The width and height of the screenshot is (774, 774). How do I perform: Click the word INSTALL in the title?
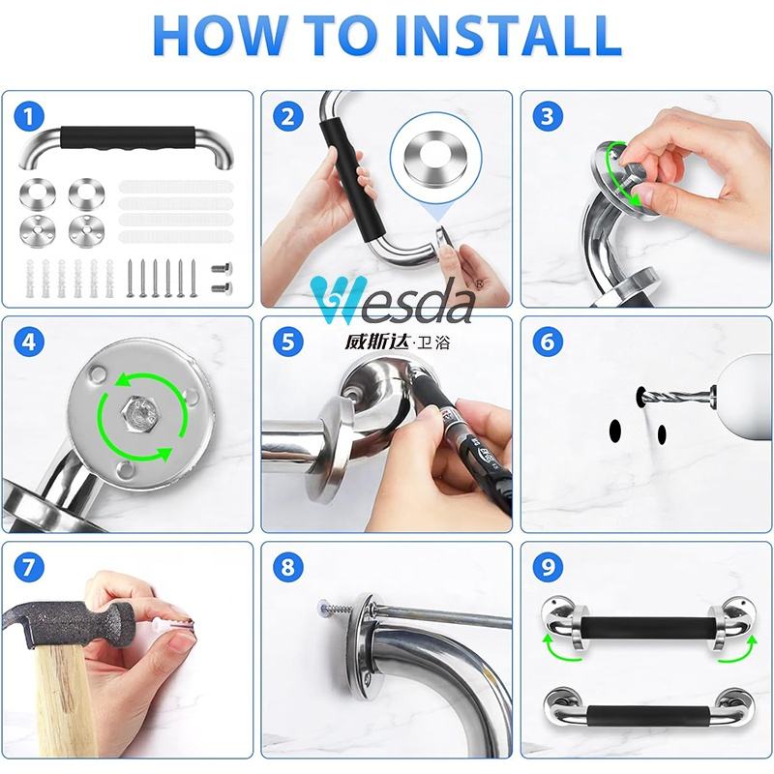[509, 36]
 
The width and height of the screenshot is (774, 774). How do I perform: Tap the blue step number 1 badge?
[29, 117]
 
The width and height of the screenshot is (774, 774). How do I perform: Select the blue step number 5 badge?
[287, 342]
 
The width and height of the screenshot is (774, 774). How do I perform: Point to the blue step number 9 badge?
[548, 567]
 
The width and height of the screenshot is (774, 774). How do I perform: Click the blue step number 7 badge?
[29, 567]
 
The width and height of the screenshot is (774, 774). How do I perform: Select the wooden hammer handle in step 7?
[58, 700]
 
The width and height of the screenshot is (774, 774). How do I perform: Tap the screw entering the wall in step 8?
[337, 609]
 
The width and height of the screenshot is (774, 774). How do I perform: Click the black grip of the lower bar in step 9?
[647, 716]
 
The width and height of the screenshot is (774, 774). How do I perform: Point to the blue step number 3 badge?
[548, 117]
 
